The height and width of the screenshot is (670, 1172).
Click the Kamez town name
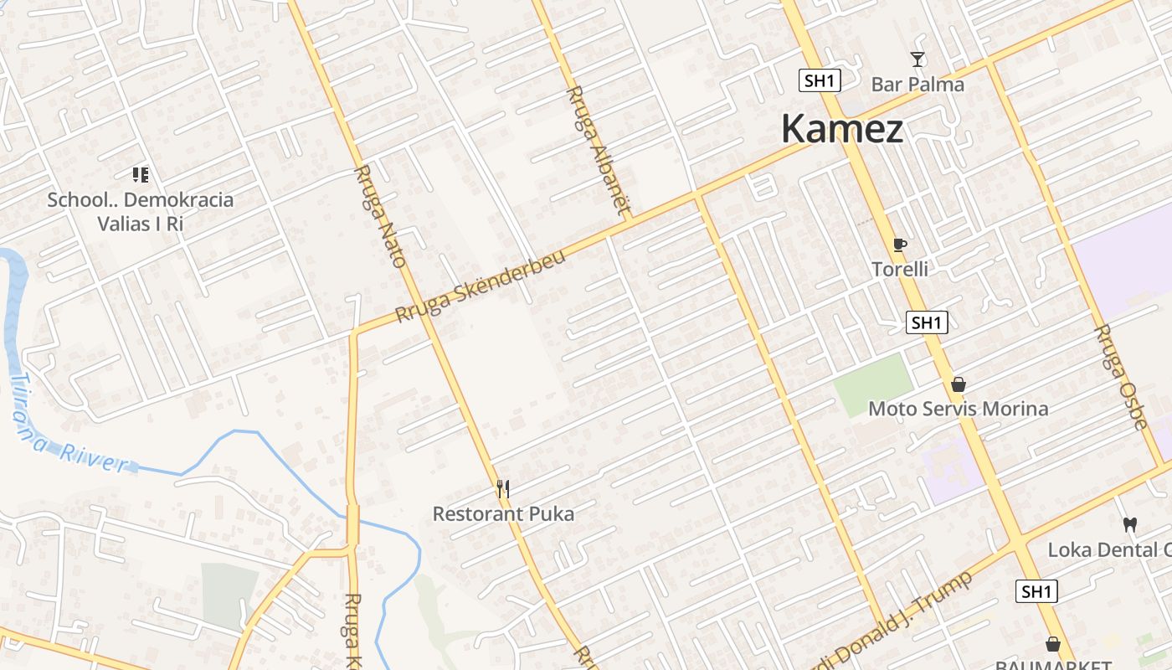coord(842,130)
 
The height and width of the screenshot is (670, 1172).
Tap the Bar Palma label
coord(918,85)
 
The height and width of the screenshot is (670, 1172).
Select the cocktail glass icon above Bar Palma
coord(918,59)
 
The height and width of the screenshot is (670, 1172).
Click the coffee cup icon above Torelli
coord(900,245)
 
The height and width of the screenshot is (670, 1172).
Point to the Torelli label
coord(900,270)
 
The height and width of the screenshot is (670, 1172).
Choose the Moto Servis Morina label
coord(958,409)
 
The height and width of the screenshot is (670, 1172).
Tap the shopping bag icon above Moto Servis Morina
coord(959,384)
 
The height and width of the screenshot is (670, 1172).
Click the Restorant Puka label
coord(503,513)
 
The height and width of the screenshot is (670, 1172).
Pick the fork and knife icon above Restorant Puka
coord(503,488)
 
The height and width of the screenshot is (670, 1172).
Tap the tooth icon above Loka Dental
coord(1129,525)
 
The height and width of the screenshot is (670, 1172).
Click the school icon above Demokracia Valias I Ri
coord(141,175)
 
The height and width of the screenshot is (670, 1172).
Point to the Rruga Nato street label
coord(381,216)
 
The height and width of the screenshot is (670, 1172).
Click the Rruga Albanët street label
coord(598,150)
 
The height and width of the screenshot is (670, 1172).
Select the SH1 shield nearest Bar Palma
coord(819,80)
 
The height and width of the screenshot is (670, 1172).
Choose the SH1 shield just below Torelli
coord(927,322)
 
